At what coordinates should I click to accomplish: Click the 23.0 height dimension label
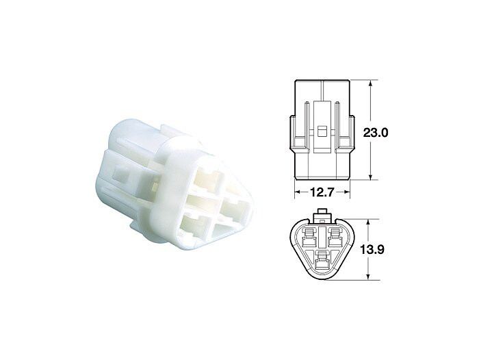376,133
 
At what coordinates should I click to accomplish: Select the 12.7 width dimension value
322,192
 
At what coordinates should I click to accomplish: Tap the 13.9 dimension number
372,250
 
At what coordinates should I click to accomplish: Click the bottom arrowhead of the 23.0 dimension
370,176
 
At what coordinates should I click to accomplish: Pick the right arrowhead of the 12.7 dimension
346,192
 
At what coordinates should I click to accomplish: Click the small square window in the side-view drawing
322,131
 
